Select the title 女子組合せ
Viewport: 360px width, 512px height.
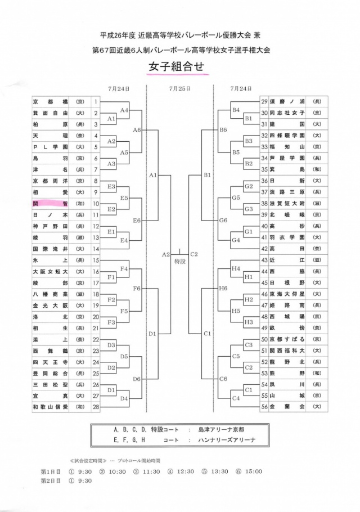point(179,66)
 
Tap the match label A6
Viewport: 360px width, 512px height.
point(137,130)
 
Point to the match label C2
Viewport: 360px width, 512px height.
point(195,254)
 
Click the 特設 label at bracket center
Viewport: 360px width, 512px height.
point(179,261)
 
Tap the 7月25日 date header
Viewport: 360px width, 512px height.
point(179,88)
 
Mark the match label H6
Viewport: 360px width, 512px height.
point(223,288)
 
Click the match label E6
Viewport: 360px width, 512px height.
point(137,221)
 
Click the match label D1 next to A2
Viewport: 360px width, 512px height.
point(152,334)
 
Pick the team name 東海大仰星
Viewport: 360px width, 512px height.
point(287,294)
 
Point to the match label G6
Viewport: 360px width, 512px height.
point(223,221)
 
